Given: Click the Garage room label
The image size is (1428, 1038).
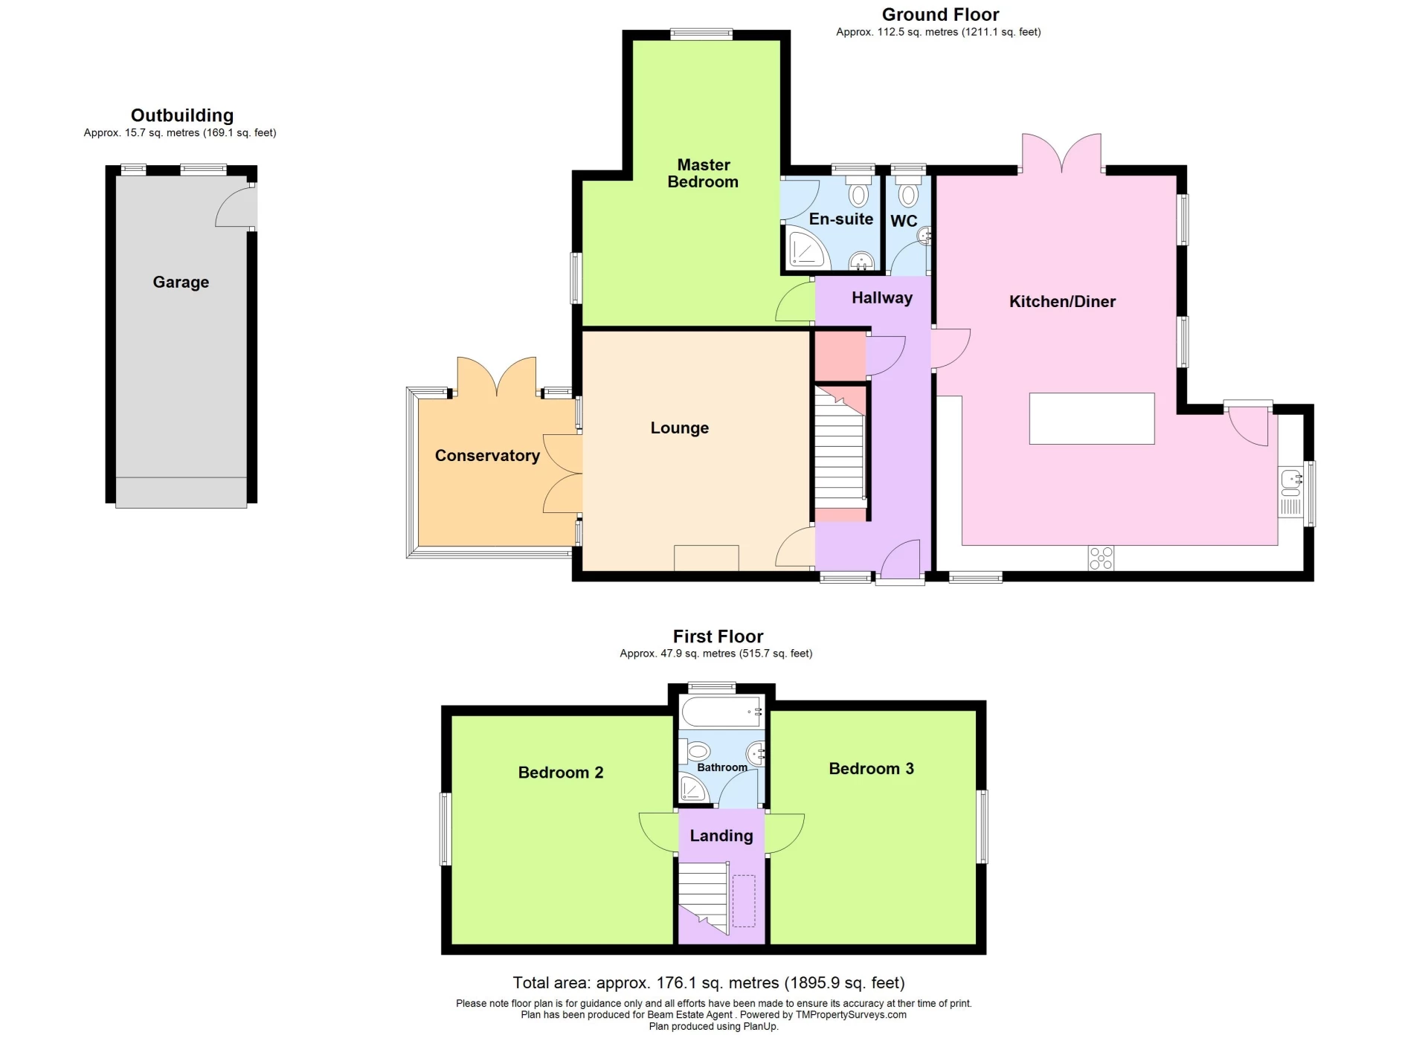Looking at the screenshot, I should click(x=181, y=283).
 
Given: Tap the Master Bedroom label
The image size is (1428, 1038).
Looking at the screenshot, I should click(x=703, y=173).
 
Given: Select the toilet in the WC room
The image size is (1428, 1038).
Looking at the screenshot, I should click(x=907, y=194).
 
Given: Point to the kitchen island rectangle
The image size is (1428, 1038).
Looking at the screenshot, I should click(x=1091, y=419).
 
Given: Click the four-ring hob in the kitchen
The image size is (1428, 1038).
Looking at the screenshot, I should click(x=1101, y=558).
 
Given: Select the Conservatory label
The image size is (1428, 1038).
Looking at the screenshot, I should click(x=487, y=456).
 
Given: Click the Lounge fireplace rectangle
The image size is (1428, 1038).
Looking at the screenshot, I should click(x=706, y=558).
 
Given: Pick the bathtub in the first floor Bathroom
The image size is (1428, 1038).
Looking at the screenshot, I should click(x=720, y=712).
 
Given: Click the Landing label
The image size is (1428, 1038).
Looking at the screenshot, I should click(x=721, y=836).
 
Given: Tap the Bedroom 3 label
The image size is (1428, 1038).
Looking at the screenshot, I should click(x=871, y=769).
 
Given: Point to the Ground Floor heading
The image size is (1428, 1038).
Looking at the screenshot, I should click(x=940, y=15).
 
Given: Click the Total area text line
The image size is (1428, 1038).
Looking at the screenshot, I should click(x=708, y=983).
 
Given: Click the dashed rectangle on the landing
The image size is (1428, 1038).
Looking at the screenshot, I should click(x=743, y=900).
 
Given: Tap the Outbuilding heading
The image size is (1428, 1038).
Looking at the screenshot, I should click(x=182, y=115).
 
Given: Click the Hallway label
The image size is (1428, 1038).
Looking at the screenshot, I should click(x=881, y=298).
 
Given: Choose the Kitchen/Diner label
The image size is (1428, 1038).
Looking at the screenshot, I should click(x=1061, y=302).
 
